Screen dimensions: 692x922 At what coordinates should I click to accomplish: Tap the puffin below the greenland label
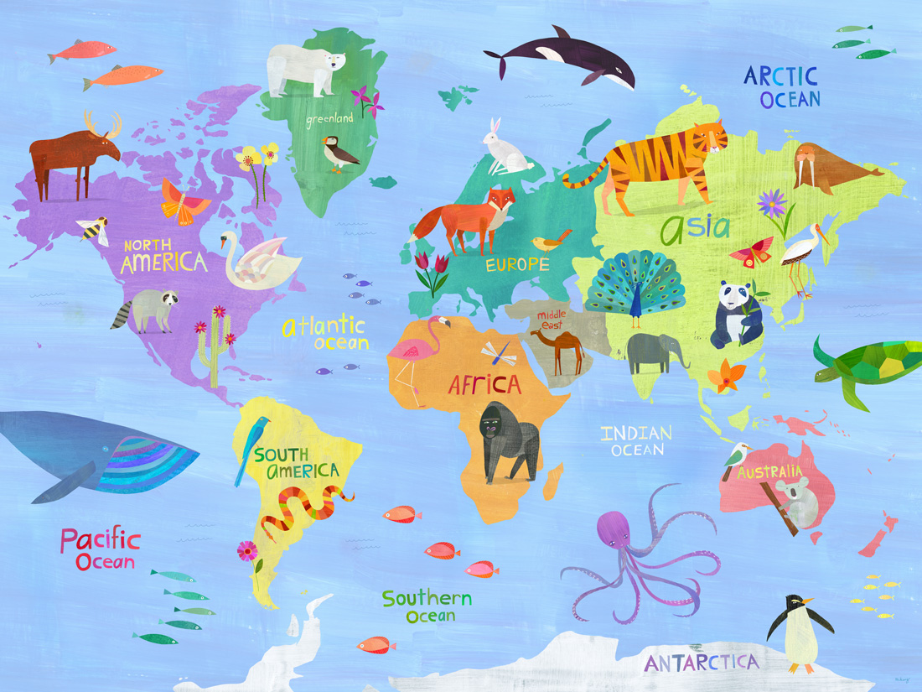click(x=339, y=154)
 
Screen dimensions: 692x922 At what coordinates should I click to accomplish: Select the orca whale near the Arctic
click(x=562, y=59)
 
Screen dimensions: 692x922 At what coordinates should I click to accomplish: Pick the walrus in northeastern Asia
click(x=826, y=168)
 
